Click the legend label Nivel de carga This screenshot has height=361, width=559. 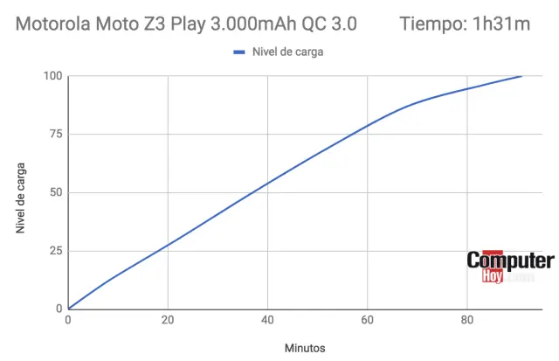pyautogui.click(x=288, y=52)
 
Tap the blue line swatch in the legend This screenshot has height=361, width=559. pyautogui.click(x=240, y=52)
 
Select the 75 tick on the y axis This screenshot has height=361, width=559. pyautogui.click(x=55, y=135)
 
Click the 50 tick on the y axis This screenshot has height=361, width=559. pyautogui.click(x=55, y=192)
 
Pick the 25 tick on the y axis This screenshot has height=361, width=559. pyautogui.click(x=55, y=251)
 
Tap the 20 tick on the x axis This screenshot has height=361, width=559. pyautogui.click(x=168, y=319)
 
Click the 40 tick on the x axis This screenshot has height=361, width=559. pyautogui.click(x=267, y=319)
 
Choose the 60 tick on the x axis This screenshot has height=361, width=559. pyautogui.click(x=367, y=319)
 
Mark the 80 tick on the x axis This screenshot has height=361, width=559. pyautogui.click(x=466, y=319)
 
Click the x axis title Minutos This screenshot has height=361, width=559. pyautogui.click(x=305, y=347)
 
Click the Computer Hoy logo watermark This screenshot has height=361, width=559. pyautogui.click(x=510, y=267)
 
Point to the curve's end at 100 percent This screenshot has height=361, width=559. pyautogui.click(x=521, y=76)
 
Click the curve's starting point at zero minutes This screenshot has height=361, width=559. pyautogui.click(x=69, y=309)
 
